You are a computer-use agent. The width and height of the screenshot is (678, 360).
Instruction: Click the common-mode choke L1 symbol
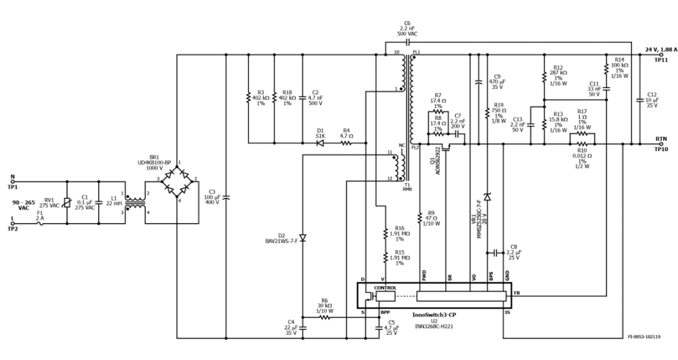[135, 203]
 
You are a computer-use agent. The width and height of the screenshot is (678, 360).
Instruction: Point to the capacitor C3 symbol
[226, 197]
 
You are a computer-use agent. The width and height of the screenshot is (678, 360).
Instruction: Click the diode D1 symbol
[321, 143]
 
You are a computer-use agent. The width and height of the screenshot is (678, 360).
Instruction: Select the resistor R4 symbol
[346, 143]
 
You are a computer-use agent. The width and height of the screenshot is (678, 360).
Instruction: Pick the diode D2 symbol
[302, 238]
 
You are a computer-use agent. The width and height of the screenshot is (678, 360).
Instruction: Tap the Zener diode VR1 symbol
[487, 197]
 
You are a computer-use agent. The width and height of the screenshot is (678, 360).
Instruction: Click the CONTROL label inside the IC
[384, 287]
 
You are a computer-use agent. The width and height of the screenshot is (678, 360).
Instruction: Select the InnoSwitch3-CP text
[434, 315]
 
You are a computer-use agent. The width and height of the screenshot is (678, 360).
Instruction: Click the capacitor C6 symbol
[407, 42]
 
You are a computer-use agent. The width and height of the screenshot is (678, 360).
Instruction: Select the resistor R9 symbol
[420, 217]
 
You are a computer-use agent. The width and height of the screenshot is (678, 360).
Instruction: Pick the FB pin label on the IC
[517, 294]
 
